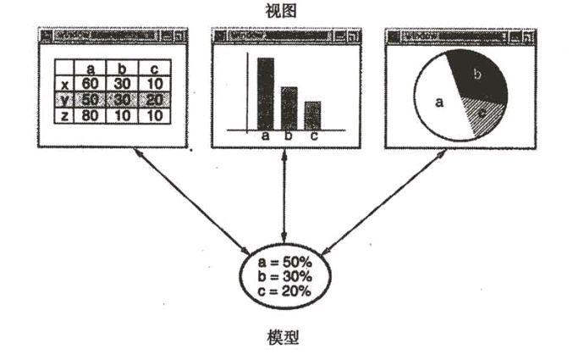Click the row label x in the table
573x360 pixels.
point(64,84)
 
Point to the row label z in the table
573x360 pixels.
point(64,114)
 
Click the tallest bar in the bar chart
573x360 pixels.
point(265,93)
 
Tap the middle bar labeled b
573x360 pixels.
point(289,108)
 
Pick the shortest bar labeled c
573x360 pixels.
point(312,115)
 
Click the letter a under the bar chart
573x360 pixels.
point(265,136)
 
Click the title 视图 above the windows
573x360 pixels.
point(287,11)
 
